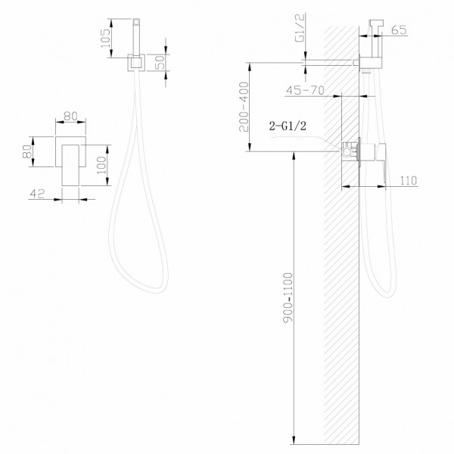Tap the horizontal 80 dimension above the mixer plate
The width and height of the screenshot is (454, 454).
pyautogui.click(x=71, y=117)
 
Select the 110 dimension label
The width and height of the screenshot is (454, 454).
pyautogui.click(x=406, y=179)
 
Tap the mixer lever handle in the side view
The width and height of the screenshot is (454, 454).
pyautogui.click(x=384, y=163)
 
